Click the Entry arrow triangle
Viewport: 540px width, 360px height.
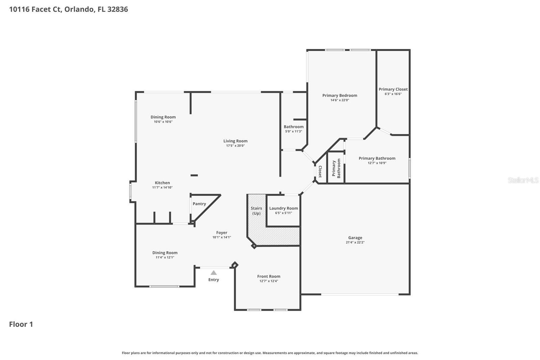214,273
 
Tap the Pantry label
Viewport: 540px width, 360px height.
199,204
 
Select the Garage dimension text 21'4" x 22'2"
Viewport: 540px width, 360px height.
355,242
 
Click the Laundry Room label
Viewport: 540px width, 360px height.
283,208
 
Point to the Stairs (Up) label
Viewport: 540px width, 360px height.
256,211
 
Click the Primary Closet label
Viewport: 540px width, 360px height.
393,89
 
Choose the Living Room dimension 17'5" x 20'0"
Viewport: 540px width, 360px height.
235,146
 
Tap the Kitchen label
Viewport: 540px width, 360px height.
162,183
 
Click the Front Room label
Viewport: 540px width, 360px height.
269,277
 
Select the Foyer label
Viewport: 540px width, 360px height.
222,233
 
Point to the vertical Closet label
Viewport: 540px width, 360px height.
320,172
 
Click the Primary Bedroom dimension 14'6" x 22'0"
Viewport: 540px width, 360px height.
340,100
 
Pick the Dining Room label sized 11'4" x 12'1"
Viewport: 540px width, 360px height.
165,253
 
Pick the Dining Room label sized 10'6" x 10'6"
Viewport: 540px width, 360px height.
163,117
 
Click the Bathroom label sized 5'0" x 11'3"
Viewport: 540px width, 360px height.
293,127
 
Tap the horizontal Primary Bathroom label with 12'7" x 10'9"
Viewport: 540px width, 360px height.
377,158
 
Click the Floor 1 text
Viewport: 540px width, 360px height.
21,325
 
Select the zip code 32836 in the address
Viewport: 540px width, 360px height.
117,9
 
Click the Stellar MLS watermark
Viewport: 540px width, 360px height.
523,180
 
